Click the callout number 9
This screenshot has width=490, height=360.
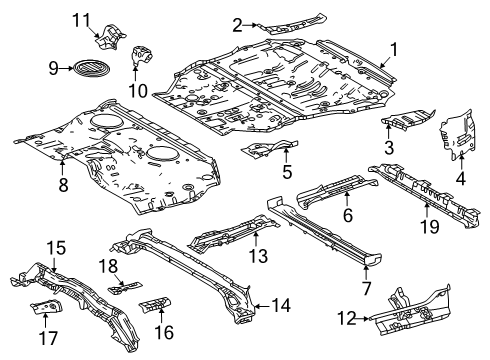(53, 69)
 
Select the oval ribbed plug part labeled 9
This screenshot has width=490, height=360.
(91, 69)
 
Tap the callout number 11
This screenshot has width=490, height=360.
(81, 20)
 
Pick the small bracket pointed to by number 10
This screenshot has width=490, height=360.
(142, 55)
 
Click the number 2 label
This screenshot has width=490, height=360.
(237, 25)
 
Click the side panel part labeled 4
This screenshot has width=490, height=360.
(457, 134)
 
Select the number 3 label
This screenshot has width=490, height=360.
(389, 147)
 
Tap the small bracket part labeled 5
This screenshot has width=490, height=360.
(270, 149)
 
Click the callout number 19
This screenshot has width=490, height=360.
(429, 227)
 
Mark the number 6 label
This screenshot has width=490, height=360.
(348, 215)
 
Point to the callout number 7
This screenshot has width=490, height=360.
(366, 288)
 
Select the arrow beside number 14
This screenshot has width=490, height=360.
(262, 305)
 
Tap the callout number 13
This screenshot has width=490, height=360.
(259, 256)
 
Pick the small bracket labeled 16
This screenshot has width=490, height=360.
(155, 304)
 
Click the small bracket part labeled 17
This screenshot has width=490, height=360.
(46, 306)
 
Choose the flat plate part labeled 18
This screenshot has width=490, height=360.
(125, 288)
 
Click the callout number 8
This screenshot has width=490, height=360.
(63, 185)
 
